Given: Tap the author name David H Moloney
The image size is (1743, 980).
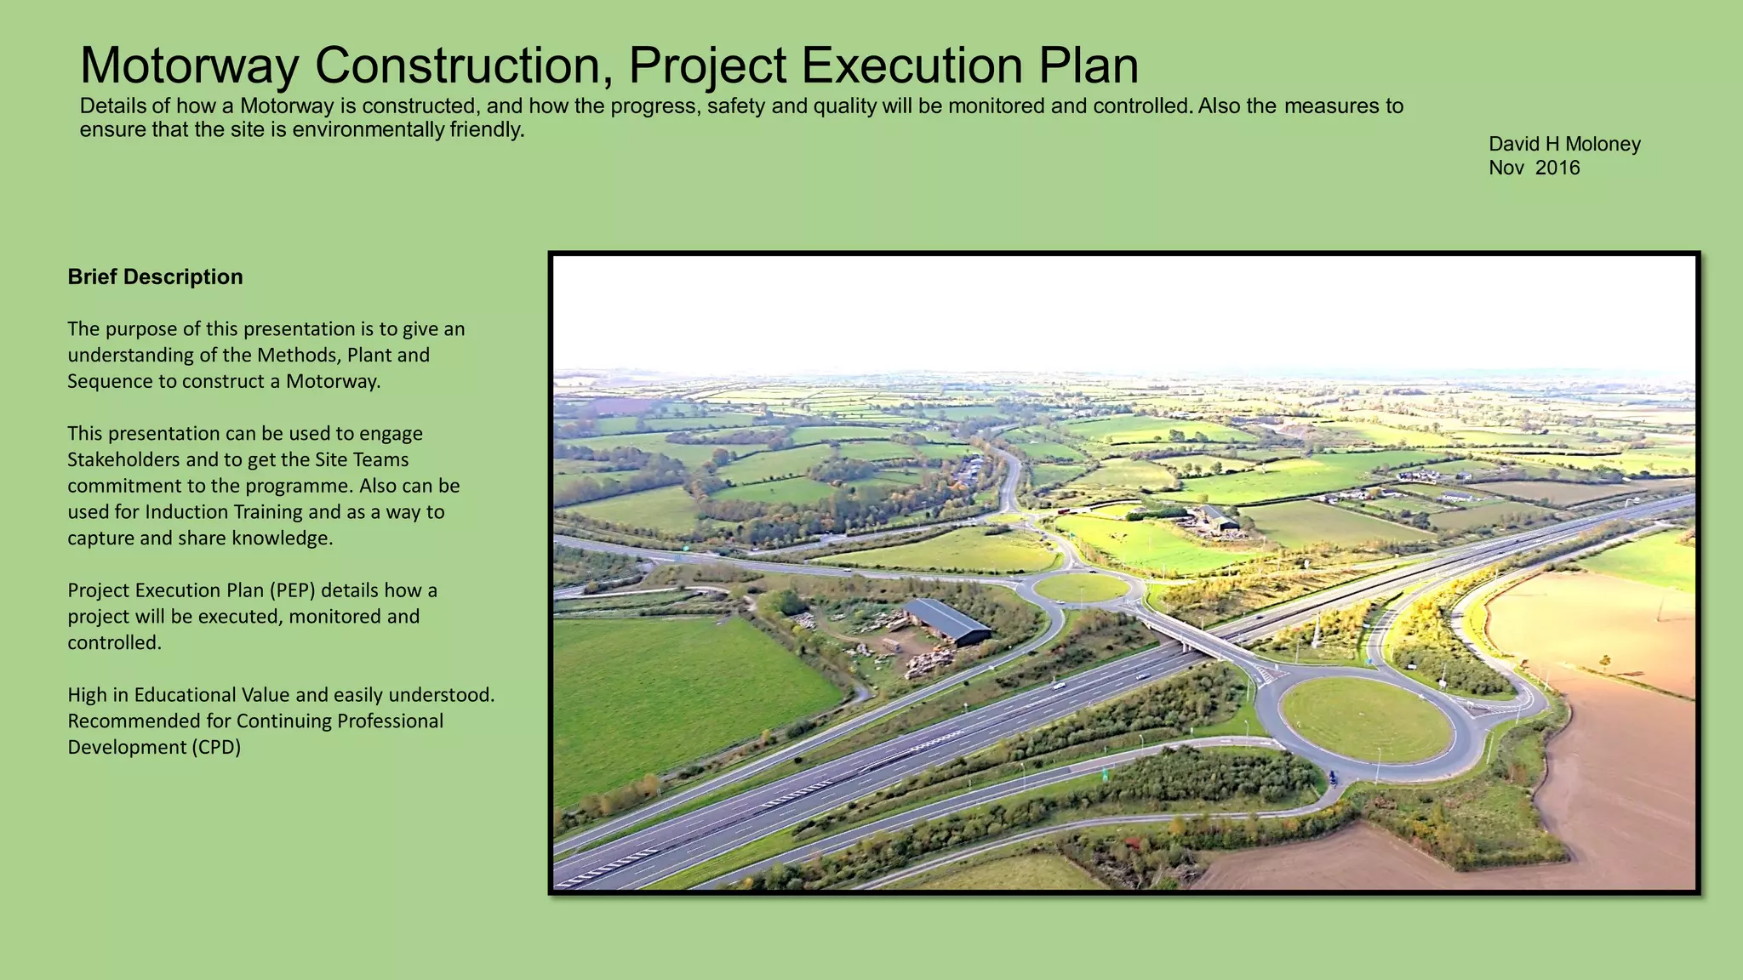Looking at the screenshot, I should pyautogui.click(x=1564, y=144).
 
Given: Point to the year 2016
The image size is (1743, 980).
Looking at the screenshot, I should pyautogui.click(x=1557, y=168).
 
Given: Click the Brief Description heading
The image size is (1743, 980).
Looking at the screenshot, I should pyautogui.click(x=155, y=276).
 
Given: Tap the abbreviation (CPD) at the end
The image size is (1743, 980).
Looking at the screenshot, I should pyautogui.click(x=207, y=747).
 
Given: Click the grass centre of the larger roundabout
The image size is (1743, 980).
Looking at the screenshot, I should pyautogui.click(x=1366, y=720).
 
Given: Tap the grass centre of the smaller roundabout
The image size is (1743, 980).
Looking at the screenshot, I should pyautogui.click(x=1081, y=587).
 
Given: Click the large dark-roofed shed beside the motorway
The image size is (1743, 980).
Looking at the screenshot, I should pyautogui.click(x=946, y=621).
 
